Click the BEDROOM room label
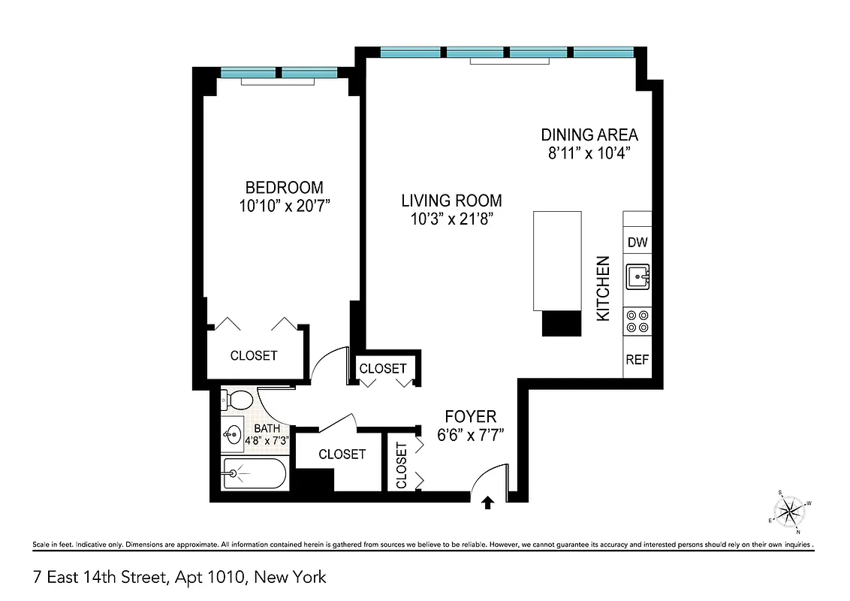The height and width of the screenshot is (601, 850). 284,188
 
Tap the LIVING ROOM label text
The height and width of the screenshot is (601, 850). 451,201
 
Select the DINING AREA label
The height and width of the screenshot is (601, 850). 589,135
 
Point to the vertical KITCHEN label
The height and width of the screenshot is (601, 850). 603,289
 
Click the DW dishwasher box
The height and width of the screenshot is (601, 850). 637,243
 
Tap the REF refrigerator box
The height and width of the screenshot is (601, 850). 637,360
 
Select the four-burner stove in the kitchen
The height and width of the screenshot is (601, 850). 637,322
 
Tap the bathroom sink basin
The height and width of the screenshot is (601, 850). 234,433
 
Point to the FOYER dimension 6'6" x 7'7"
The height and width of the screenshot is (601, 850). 470,434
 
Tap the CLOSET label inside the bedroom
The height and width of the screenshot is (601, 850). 254,355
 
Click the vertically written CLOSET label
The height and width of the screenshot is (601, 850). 401,465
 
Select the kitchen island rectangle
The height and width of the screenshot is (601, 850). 557,260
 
